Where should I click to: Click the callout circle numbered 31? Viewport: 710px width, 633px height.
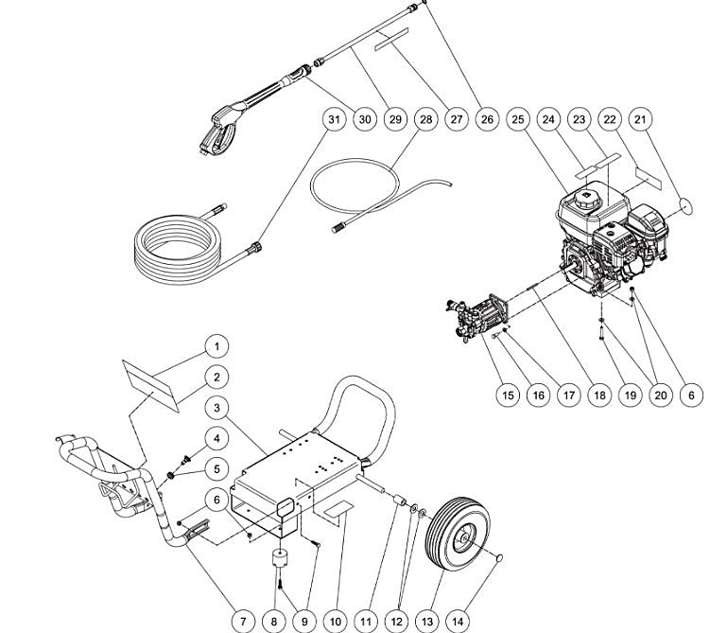coord(333,120)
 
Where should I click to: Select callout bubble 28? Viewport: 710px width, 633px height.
coord(425,120)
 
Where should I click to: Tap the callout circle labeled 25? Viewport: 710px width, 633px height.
coord(517,120)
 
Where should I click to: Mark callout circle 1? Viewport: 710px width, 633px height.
coord(216,345)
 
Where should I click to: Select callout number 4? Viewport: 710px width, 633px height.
coord(216,438)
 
